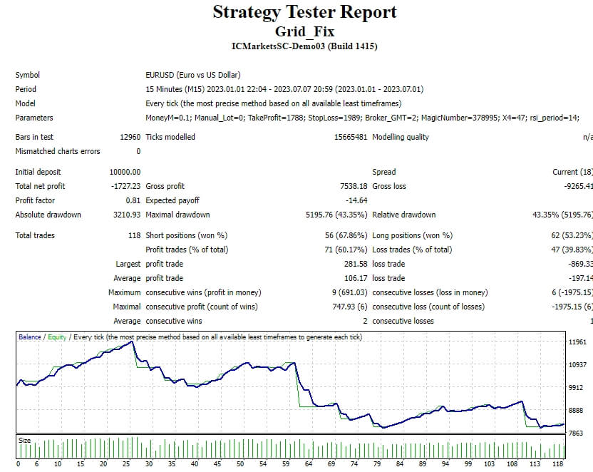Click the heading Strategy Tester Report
[304, 12]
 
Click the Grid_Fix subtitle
[304, 31]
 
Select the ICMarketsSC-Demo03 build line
[304, 46]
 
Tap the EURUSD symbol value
[192, 75]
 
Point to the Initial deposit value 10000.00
[125, 172]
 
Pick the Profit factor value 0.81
[133, 200]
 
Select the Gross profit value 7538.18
[351, 186]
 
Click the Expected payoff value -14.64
[355, 200]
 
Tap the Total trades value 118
[134, 235]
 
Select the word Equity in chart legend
[56, 337]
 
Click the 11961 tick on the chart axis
[577, 343]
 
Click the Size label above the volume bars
[25, 441]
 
